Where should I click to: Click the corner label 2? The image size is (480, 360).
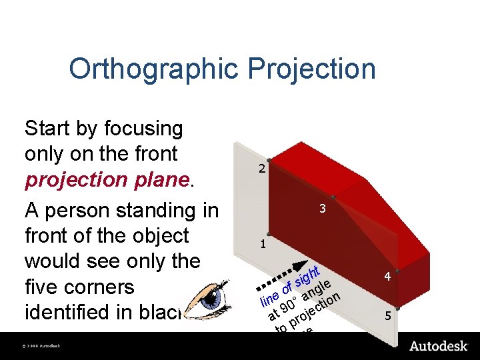(x=263, y=169)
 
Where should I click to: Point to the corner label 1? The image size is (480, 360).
(x=263, y=244)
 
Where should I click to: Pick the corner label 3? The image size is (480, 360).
(x=322, y=209)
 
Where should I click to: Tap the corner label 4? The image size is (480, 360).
(x=385, y=275)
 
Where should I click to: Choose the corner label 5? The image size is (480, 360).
(x=385, y=317)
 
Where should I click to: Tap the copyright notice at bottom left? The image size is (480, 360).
(x=41, y=346)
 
